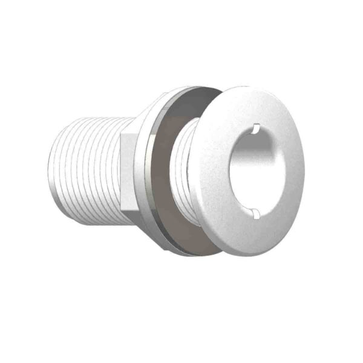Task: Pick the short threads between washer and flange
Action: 188,169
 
